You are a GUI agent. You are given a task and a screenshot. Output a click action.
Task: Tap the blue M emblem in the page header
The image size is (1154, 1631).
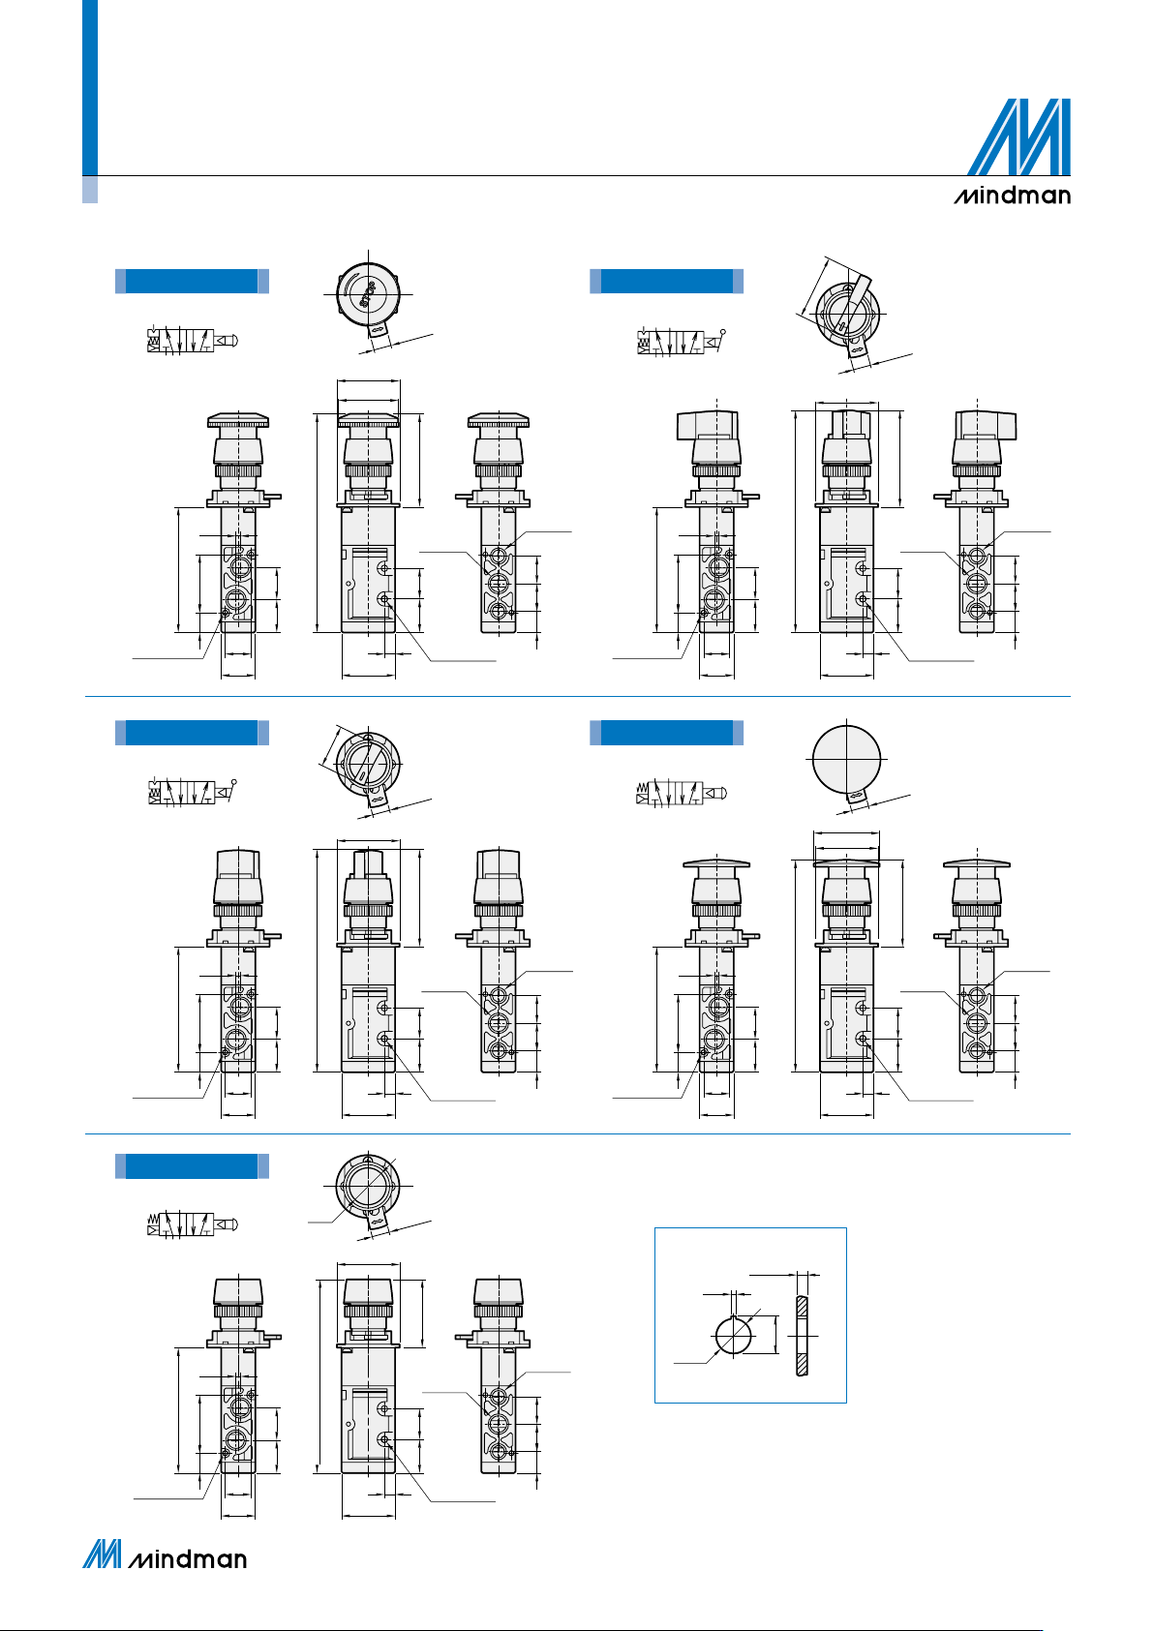1018,136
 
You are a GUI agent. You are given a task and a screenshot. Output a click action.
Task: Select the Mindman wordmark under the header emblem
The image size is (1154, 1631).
1012,196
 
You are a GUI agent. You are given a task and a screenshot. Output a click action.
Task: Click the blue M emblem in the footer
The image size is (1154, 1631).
102,1554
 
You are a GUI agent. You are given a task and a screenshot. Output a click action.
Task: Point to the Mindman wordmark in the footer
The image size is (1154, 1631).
187,1559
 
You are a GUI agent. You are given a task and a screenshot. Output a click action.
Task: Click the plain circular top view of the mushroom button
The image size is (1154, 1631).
846,758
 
